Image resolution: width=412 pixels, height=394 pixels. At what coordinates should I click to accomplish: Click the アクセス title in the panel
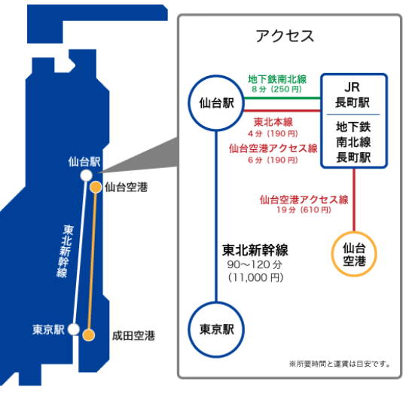tap(285, 36)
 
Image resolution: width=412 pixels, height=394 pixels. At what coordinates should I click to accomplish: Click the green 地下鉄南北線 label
tap(277, 79)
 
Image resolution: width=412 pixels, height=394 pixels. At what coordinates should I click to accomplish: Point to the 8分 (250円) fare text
tap(276, 89)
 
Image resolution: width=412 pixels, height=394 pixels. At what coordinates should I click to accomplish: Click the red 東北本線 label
tap(273, 122)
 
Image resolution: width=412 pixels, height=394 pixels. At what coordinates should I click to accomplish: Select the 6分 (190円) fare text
tap(273, 160)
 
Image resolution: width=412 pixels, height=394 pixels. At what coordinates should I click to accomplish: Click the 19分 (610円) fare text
tap(304, 209)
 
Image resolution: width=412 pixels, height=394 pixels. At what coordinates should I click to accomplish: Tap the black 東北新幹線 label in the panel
tap(255, 250)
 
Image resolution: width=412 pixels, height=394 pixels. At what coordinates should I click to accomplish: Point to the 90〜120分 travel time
tap(255, 264)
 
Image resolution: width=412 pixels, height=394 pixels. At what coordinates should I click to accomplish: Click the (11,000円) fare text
tap(255, 277)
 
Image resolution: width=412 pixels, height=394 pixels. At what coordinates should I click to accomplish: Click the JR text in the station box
tap(352, 87)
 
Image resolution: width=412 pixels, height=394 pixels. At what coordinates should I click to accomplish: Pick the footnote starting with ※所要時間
tap(340, 364)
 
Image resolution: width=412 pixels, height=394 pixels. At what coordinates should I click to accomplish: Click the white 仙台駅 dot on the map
tap(86, 176)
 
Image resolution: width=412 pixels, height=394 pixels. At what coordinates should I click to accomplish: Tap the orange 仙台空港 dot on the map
tap(96, 188)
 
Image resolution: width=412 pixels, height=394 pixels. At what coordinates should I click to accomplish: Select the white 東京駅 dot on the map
tap(74, 329)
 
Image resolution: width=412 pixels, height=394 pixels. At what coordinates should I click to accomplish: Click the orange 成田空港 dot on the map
tap(89, 335)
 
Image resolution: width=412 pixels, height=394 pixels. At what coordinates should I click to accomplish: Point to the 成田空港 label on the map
tap(133, 336)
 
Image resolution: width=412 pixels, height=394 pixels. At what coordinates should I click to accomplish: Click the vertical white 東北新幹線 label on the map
tap(65, 251)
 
